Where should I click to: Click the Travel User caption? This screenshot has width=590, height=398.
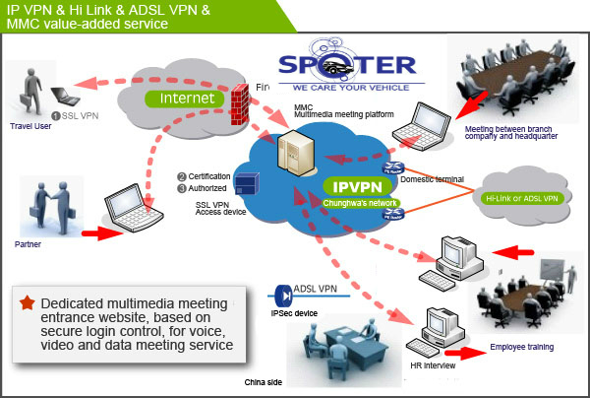(x=29, y=126)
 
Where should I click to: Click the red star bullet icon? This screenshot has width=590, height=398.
(x=26, y=303)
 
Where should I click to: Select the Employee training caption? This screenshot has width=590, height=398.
(x=521, y=348)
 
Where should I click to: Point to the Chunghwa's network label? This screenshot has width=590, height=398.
(x=357, y=203)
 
